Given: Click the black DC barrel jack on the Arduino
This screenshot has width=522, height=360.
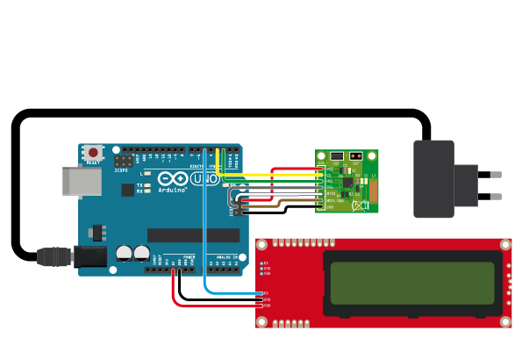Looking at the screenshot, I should tap(89, 256).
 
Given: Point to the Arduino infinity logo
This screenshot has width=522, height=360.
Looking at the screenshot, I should tap(172, 180).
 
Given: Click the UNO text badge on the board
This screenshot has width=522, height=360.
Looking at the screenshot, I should tap(204, 179).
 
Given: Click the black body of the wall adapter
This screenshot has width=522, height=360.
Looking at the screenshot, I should tap(433, 179).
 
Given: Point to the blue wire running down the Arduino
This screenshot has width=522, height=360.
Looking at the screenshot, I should tap(204, 228).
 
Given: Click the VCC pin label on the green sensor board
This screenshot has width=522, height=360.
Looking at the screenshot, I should tap(330, 169).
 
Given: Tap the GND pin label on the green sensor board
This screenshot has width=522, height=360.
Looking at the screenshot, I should tap(330, 207).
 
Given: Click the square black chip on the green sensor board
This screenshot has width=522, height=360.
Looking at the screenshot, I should tap(348, 184).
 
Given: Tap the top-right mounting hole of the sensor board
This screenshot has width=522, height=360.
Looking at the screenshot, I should tap(373, 156).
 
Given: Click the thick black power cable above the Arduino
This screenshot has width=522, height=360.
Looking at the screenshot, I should tap(219, 114).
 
